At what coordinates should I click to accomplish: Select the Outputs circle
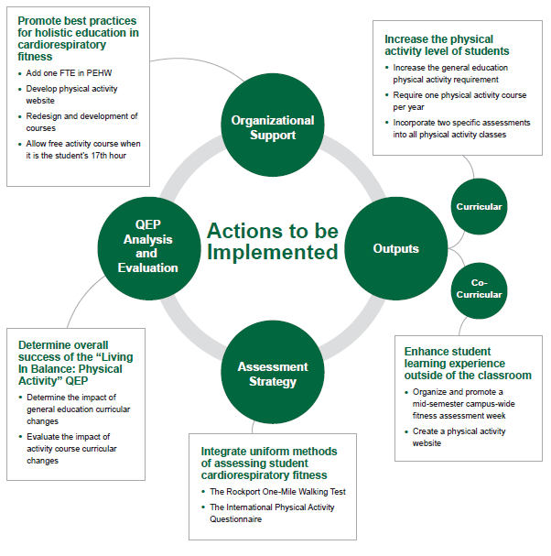(x=395, y=248)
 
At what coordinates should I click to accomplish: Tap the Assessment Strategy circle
(x=273, y=374)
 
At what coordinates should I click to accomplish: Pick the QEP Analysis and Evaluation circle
(x=147, y=247)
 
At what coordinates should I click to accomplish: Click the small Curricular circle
(x=479, y=207)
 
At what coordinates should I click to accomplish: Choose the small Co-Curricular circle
(x=479, y=289)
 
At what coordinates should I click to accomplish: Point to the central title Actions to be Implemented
(x=272, y=241)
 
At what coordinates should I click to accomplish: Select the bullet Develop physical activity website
(x=73, y=94)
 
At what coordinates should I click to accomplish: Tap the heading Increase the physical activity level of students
(x=447, y=46)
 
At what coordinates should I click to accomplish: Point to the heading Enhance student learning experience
(x=468, y=363)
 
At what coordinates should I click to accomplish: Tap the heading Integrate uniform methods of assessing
(x=269, y=463)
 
